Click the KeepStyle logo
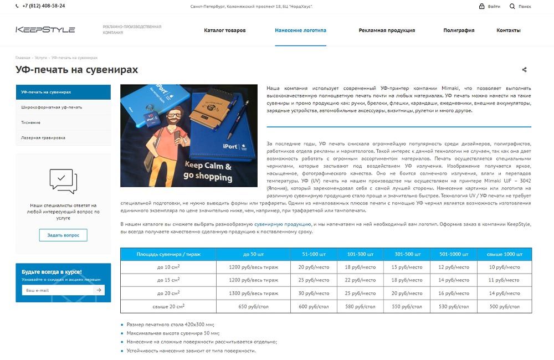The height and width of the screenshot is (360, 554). pyautogui.click(x=45, y=30)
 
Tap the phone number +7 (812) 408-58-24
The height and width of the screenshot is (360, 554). pyautogui.click(x=44, y=6)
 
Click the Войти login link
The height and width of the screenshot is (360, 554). pyautogui.click(x=490, y=6)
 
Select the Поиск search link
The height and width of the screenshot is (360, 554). pyautogui.click(x=520, y=6)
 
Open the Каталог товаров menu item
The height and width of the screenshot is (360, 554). pyautogui.click(x=224, y=30)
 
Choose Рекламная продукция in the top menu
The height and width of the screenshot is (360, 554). pyautogui.click(x=387, y=30)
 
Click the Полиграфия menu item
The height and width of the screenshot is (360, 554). pyautogui.click(x=459, y=30)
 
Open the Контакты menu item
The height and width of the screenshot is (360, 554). pyautogui.click(x=508, y=30)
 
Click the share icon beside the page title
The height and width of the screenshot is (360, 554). pyautogui.click(x=524, y=70)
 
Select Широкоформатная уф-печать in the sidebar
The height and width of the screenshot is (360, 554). pyautogui.click(x=52, y=107)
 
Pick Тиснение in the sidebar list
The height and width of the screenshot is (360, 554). pyautogui.click(x=31, y=122)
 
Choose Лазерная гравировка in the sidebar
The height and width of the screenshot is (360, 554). pyautogui.click(x=43, y=137)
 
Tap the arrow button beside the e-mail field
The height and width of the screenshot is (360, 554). pyautogui.click(x=99, y=290)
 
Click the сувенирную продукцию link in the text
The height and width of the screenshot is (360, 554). pyautogui.click(x=283, y=224)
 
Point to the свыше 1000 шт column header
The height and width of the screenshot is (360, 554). pyautogui.click(x=504, y=254)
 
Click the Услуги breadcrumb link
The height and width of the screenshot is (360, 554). pyautogui.click(x=41, y=58)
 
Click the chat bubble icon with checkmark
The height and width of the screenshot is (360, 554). pyautogui.click(x=63, y=180)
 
